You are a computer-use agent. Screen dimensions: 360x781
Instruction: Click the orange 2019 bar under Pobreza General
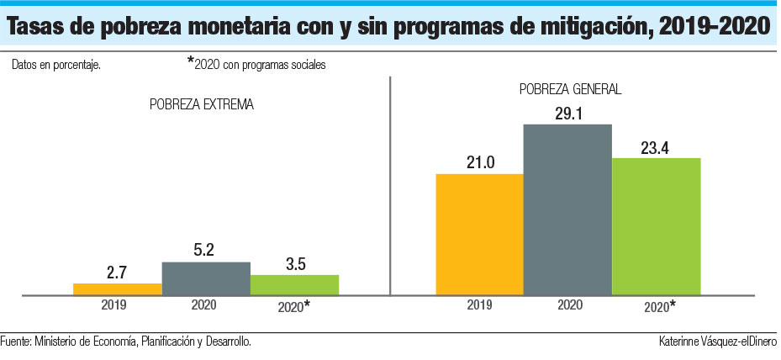[479, 235]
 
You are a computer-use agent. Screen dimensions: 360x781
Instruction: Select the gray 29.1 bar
[567, 209]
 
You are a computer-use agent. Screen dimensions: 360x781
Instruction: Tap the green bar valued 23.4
[656, 226]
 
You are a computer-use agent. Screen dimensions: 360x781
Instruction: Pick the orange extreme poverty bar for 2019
[117, 289]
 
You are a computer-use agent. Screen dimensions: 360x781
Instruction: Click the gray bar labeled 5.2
[206, 278]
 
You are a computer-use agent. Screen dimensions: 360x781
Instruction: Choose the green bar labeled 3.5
[294, 285]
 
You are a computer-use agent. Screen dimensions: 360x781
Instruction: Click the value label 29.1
[567, 111]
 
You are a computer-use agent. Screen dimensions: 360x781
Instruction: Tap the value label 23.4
[656, 145]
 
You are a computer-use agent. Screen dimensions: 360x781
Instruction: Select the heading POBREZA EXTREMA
[202, 105]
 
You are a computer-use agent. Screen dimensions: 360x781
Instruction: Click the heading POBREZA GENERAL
[570, 88]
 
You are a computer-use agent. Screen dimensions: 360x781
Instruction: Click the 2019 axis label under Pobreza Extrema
[113, 304]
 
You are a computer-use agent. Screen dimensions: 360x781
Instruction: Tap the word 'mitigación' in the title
[568, 28]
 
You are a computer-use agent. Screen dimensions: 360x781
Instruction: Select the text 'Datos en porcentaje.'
[56, 65]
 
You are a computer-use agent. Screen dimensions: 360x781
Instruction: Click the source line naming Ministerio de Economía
[126, 341]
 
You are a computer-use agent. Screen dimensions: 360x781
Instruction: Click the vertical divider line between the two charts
[391, 185]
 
